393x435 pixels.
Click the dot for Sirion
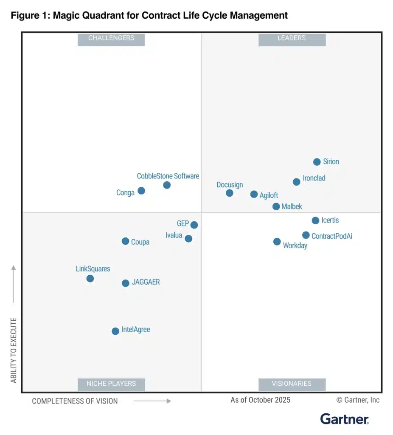tap(317, 162)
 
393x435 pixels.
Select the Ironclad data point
tap(296, 182)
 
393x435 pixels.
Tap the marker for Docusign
tap(229, 193)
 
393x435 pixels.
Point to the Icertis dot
tap(315, 220)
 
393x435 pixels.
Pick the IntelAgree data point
tap(115, 331)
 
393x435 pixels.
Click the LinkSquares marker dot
tap(90, 279)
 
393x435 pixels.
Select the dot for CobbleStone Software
tap(167, 185)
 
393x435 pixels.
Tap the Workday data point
tap(277, 242)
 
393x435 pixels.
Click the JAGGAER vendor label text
tap(146, 282)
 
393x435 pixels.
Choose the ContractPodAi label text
tap(331, 236)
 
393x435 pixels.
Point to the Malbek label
tap(292, 207)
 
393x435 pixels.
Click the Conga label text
tap(125, 193)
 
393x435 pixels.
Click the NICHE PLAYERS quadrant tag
tap(111, 384)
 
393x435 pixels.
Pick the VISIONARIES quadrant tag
tap(292, 384)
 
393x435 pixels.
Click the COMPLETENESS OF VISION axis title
tap(75, 401)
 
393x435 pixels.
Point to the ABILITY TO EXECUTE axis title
tap(14, 350)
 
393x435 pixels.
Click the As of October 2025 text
tap(260, 400)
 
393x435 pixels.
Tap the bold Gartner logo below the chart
tap(344, 419)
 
